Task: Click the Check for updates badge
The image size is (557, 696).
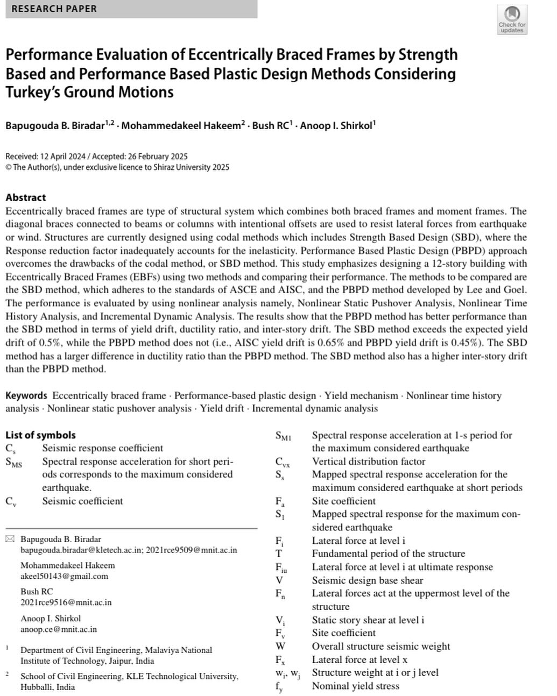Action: point(511,20)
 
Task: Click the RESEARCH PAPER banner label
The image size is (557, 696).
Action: point(54,9)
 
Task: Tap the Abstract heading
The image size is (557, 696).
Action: point(25,197)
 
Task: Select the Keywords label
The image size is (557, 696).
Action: point(26,396)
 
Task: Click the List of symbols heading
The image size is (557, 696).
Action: point(40,435)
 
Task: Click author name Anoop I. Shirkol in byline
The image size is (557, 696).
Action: point(336,126)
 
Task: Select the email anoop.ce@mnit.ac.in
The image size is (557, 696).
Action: point(59,629)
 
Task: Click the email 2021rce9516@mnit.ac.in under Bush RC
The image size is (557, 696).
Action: point(66,602)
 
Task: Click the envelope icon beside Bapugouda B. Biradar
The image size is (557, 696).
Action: point(10,539)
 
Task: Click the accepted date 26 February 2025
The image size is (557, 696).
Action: point(158,157)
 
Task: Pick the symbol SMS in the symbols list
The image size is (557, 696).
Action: point(14,462)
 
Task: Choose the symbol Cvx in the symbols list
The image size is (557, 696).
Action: point(283,462)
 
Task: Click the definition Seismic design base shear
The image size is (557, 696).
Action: point(367,580)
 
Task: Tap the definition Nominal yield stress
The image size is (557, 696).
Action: point(355,686)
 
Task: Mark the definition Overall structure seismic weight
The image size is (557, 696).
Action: point(380,646)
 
